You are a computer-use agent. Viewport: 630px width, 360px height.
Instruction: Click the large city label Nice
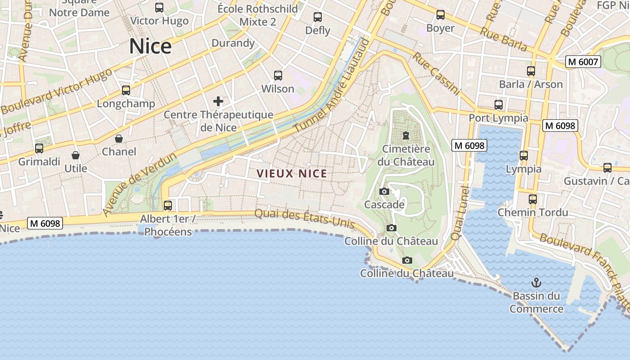pos(150,46)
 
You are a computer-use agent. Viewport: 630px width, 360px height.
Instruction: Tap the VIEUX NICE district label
pos(292,173)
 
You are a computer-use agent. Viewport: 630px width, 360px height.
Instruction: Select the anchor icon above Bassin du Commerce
pos(536,283)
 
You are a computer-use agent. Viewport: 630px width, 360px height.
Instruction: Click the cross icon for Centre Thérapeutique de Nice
pos(218,101)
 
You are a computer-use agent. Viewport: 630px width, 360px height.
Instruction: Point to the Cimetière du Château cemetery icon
pos(406,135)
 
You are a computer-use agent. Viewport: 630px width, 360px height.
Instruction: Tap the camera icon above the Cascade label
pos(384,192)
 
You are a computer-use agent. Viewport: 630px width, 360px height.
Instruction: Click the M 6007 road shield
pos(583,62)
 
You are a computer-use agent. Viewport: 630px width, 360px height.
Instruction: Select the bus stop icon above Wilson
pos(278,75)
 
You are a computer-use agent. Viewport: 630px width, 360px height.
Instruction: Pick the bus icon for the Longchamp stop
pos(126,90)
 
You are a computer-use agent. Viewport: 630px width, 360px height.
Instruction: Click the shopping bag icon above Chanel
pos(119,138)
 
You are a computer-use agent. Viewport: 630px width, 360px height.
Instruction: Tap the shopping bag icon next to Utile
pos(76,155)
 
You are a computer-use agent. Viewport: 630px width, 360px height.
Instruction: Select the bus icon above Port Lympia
pos(499,105)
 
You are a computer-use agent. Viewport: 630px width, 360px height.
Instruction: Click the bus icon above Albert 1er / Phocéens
pos(168,206)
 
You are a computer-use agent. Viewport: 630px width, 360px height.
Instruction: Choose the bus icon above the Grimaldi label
pos(39,148)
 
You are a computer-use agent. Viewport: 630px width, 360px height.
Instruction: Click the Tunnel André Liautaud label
pos(332,85)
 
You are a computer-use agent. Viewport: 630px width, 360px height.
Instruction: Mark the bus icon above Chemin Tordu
pos(533,199)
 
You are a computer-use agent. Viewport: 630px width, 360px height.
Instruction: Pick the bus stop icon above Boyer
pos(441,15)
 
